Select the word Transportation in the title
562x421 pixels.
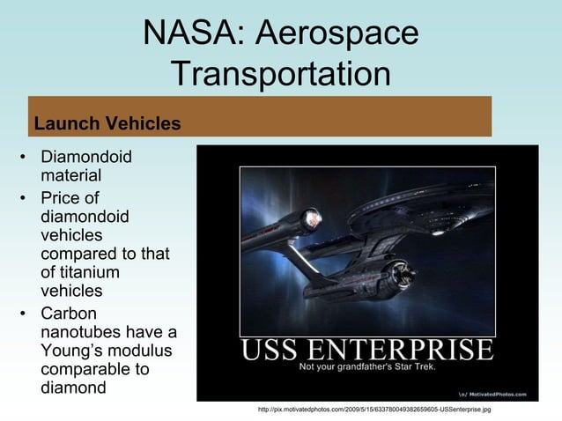(x=281, y=74)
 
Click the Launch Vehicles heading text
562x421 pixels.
(x=107, y=123)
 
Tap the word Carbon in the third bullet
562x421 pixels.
(x=70, y=314)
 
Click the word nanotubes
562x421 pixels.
(x=80, y=332)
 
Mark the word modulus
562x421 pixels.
(x=144, y=351)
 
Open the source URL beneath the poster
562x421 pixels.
(x=373, y=410)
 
